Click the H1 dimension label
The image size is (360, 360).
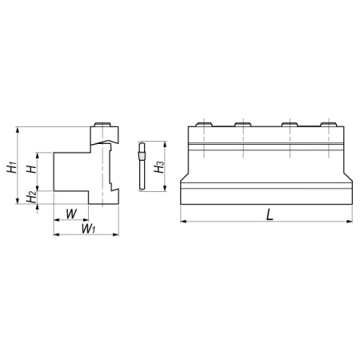tap(13, 167)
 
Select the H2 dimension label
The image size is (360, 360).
tap(31, 197)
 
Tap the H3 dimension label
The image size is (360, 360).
tap(159, 166)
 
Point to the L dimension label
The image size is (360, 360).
tap(270, 214)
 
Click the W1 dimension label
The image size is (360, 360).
tap(88, 229)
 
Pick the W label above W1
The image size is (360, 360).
tap(71, 214)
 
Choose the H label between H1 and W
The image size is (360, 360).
tap(31, 169)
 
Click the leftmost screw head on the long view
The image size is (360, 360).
tap(204, 124)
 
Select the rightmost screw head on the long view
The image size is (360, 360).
tap(329, 124)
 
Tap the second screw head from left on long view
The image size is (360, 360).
tap(243, 124)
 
